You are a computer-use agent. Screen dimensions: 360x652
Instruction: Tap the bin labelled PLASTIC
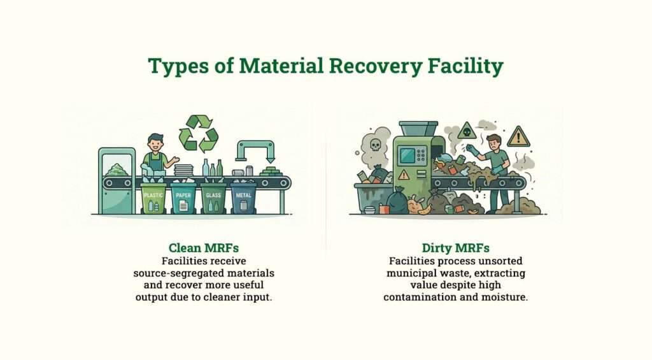[x=153, y=199]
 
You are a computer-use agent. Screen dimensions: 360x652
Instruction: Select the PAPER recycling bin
[x=183, y=199]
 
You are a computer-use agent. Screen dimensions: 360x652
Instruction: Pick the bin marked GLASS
[x=213, y=199]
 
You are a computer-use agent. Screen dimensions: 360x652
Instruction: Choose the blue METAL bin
[x=243, y=199]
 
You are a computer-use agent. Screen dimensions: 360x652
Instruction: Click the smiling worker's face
[x=155, y=143]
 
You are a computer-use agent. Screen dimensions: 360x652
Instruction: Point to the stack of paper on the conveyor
[x=184, y=169]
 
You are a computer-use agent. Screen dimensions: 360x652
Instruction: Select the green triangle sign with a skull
[x=467, y=131]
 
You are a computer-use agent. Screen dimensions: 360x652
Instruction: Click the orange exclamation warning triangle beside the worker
[x=518, y=137]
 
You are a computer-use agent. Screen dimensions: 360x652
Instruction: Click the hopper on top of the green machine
[x=418, y=128]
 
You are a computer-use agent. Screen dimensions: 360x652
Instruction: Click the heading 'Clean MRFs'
[x=199, y=248]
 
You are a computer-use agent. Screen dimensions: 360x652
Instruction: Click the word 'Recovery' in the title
[x=343, y=66]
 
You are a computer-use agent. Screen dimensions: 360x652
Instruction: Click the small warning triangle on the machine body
[x=403, y=174]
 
